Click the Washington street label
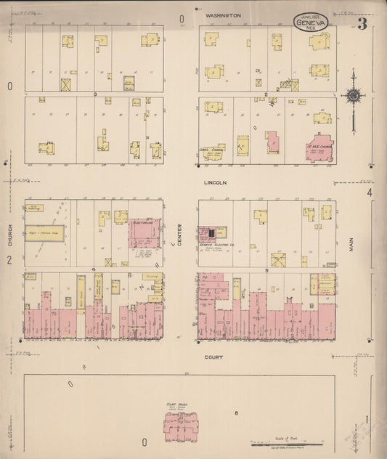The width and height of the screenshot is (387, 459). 222,15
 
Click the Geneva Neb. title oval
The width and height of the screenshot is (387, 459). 311,23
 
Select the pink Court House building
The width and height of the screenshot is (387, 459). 182,427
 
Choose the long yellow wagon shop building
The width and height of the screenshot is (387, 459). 44,233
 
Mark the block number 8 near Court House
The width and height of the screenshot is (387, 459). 237,413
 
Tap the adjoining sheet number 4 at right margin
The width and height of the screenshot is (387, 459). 369,192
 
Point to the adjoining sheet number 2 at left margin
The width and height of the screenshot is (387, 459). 9,259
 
